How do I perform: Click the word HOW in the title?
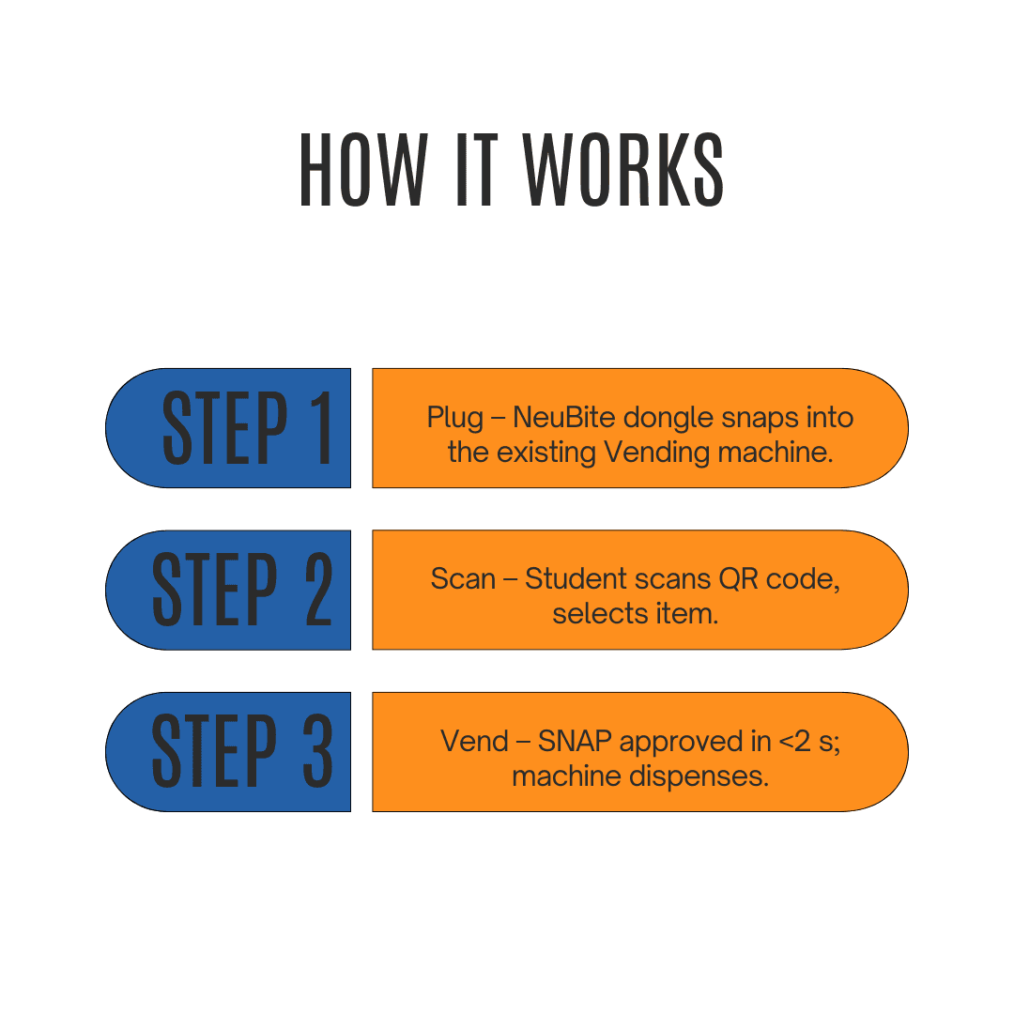click(363, 170)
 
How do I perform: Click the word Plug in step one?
click(455, 417)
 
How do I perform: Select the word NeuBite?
click(566, 417)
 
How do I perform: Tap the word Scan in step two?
click(463, 578)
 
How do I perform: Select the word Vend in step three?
click(475, 742)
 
